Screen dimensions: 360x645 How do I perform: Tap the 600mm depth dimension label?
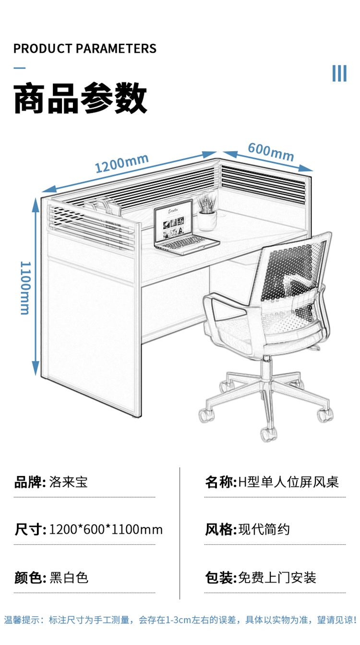point(271,152)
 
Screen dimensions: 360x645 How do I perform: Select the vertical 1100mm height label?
point(25,287)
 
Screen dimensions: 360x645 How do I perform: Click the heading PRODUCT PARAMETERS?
point(85,48)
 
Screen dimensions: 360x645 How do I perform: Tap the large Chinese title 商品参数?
point(80,98)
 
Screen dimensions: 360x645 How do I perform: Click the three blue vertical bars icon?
point(339,73)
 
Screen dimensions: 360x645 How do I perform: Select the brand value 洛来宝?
point(69,482)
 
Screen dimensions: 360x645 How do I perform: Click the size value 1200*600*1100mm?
point(106,530)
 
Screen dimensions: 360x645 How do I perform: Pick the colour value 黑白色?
point(69,577)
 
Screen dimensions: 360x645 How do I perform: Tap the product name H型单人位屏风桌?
point(289,482)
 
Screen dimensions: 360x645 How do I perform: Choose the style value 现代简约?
point(264,530)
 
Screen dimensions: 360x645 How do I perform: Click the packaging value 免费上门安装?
point(277,577)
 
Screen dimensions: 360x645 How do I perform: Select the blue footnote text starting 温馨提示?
point(180,620)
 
